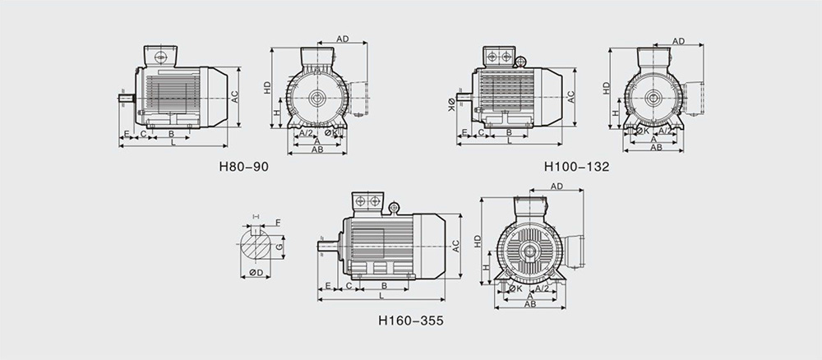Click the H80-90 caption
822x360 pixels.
pos(244,167)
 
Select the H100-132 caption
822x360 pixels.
pos(577,167)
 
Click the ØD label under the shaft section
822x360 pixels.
pos(256,273)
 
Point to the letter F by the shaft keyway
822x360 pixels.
pos(278,223)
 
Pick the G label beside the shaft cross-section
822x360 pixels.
pos(279,246)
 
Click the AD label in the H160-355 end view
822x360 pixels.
pos(556,187)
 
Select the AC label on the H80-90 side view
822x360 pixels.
pos(235,96)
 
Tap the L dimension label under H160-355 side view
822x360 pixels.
pos(381,296)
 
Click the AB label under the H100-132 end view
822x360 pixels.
pos(656,147)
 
